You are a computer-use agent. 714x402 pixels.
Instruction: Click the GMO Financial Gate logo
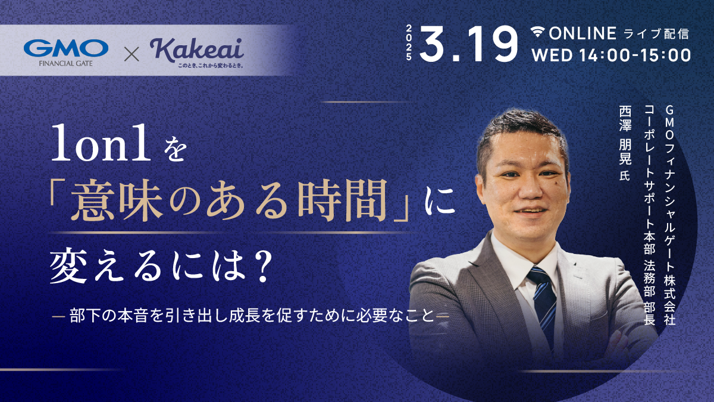[x=66, y=52]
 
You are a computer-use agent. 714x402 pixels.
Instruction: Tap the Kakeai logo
[x=197, y=53]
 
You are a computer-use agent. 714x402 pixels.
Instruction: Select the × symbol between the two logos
[x=131, y=54]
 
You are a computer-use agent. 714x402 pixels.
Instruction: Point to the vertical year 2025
[x=409, y=43]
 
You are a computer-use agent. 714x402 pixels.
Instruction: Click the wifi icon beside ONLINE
[x=538, y=32]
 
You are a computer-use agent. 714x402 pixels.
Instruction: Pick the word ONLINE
[x=583, y=33]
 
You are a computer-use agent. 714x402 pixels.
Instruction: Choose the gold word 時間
[x=342, y=200]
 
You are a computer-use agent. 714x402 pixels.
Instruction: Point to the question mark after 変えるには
[x=263, y=267]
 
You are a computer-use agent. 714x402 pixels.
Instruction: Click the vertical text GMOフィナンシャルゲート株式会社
[x=669, y=215]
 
